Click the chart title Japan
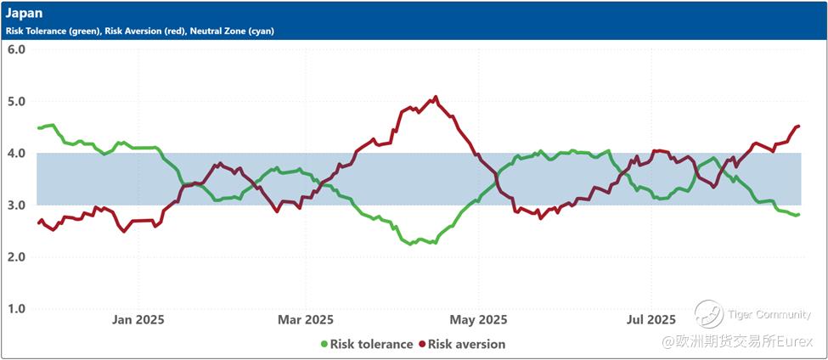tap(25, 14)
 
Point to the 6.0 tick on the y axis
tap(16, 49)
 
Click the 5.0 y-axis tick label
tap(16, 101)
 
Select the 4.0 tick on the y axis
tap(16, 154)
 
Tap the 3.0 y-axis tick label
tap(16, 205)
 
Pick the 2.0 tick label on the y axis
tap(16, 257)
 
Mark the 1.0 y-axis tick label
tap(16, 309)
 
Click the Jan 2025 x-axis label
tap(138, 320)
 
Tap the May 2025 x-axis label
tap(479, 320)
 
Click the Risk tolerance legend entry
tap(372, 345)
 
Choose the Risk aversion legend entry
tap(466, 345)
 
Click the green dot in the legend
tap(324, 345)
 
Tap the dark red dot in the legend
tap(420, 345)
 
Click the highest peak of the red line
tap(436, 97)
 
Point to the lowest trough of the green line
tap(412, 244)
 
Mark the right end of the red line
tap(798, 127)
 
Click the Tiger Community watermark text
tap(769, 315)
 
